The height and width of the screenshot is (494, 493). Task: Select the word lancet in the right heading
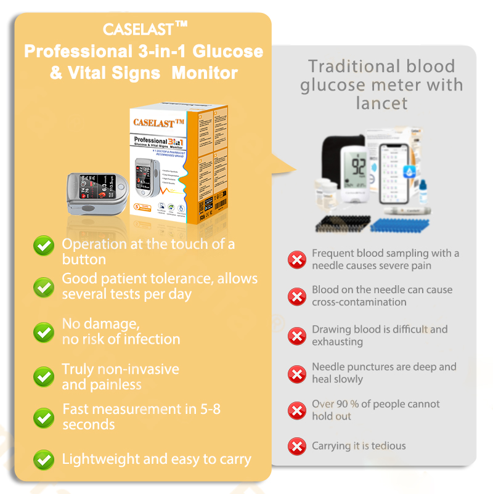(x=381, y=103)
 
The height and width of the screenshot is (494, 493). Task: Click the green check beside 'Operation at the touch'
(x=44, y=247)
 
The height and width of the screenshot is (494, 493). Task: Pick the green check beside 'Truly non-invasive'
(x=44, y=376)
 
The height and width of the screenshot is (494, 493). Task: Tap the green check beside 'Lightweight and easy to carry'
(x=44, y=459)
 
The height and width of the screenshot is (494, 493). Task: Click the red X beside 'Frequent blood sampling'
(x=297, y=259)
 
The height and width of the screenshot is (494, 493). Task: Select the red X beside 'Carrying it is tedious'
(x=297, y=446)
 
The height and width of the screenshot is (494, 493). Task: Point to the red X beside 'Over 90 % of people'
(x=297, y=410)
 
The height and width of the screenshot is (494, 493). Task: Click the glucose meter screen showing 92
(x=358, y=166)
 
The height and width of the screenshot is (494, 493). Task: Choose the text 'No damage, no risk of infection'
(x=121, y=331)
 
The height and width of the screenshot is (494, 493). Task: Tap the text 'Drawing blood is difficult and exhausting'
(x=380, y=336)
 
